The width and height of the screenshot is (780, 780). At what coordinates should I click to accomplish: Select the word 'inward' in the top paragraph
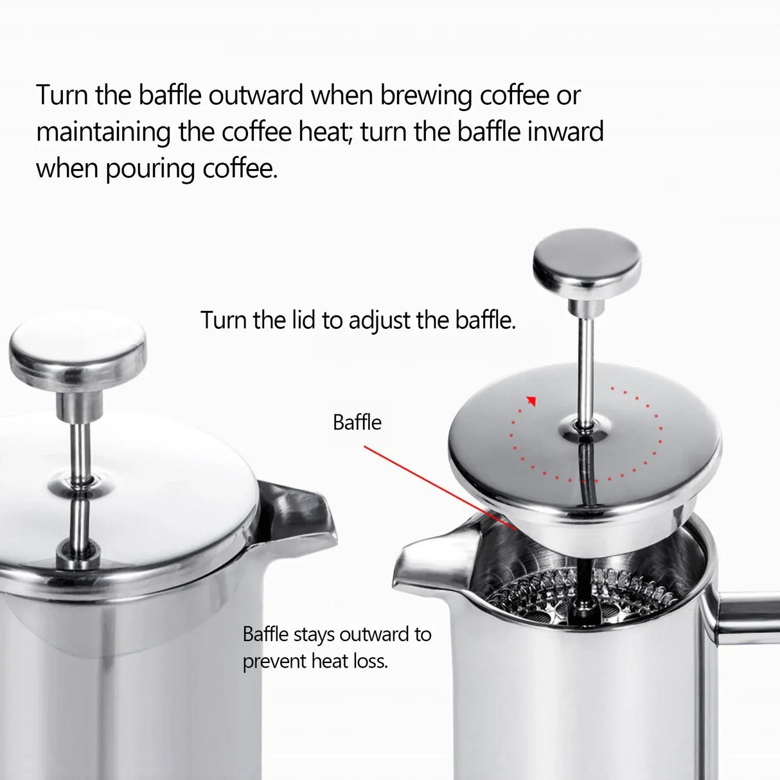[565, 132]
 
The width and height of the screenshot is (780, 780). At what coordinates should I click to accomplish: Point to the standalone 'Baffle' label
[357, 422]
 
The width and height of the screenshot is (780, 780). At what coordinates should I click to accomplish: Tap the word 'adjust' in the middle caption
[380, 320]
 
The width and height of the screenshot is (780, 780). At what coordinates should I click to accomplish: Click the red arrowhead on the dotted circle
[531, 402]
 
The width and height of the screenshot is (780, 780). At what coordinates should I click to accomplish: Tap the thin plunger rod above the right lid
[587, 360]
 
